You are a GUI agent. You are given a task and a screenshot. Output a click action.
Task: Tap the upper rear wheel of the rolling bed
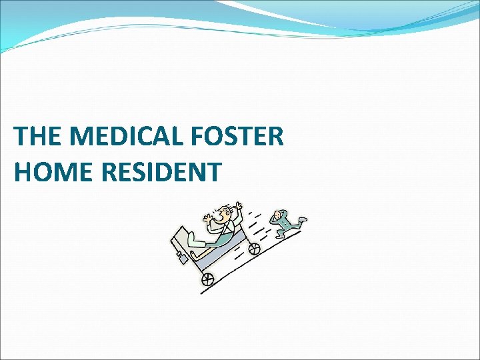coord(254,249)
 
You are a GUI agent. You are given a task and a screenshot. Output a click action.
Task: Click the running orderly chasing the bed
coord(285,223)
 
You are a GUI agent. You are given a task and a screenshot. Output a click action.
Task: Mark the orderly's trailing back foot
coord(302,219)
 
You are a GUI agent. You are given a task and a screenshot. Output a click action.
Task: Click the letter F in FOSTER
coord(199,137)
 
